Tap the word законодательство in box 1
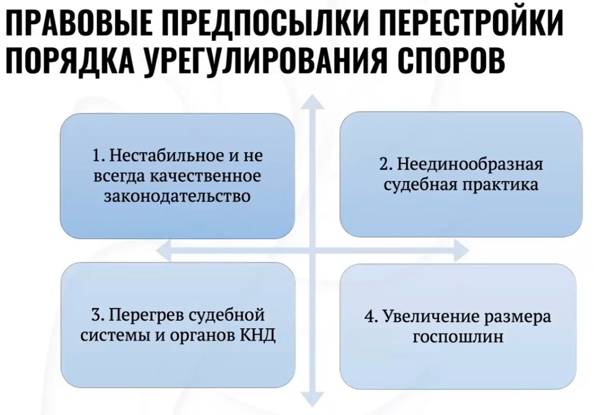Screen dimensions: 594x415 [177, 197]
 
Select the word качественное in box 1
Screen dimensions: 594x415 [205, 176]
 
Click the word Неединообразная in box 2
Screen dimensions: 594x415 [470, 164]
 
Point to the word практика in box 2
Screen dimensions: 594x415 [501, 185]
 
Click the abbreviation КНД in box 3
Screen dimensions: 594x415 [258, 336]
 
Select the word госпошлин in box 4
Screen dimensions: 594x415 [458, 337]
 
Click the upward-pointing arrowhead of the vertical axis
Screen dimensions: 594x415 [313, 102]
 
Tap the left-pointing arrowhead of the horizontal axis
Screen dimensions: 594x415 [163, 250]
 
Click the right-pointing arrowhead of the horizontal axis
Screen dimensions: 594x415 [462, 250]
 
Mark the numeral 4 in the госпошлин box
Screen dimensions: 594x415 [368, 317]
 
